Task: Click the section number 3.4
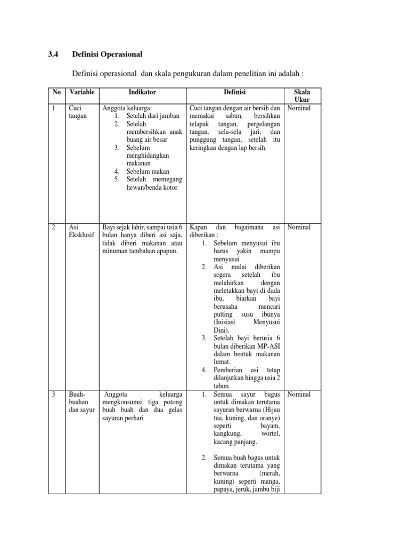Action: coord(53,54)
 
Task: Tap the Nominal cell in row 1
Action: coord(299,108)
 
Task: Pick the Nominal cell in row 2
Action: coord(299,227)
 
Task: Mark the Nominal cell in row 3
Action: coord(299,395)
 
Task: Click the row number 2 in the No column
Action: coord(54,227)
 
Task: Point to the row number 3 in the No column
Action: coord(54,395)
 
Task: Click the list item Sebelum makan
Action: coord(149,171)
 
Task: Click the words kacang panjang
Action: coord(235,442)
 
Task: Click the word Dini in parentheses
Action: coord(220,330)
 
